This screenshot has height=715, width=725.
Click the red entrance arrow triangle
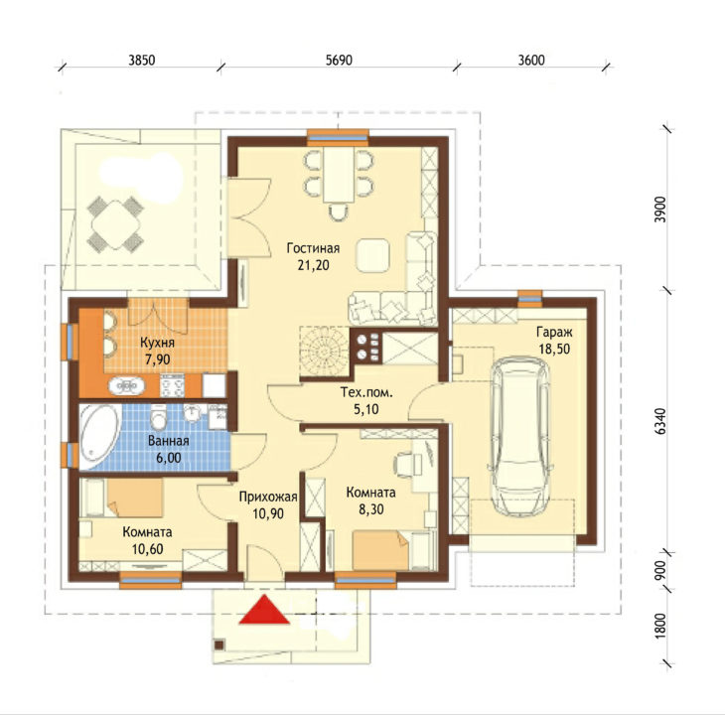click(264, 610)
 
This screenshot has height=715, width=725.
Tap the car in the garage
click(520, 436)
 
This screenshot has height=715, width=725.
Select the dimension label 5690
click(339, 61)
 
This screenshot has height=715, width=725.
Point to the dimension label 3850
click(141, 61)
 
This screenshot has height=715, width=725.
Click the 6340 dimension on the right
click(661, 421)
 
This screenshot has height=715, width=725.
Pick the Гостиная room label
click(313, 248)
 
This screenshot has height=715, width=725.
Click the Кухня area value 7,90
click(157, 359)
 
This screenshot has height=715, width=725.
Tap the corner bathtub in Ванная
click(99, 437)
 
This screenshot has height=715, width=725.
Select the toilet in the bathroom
click(159, 416)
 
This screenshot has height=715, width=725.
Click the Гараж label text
click(554, 332)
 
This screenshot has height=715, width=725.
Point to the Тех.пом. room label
click(366, 393)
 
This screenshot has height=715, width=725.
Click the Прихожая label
click(268, 497)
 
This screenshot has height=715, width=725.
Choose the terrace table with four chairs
click(115, 223)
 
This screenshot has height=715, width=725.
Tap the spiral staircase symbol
click(324, 352)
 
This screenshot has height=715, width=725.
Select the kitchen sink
click(126, 385)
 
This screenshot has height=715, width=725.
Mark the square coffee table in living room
click(372, 254)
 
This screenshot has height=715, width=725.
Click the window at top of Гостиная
click(338, 137)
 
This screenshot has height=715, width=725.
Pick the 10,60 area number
click(148, 549)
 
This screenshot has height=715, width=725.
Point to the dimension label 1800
click(661, 626)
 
